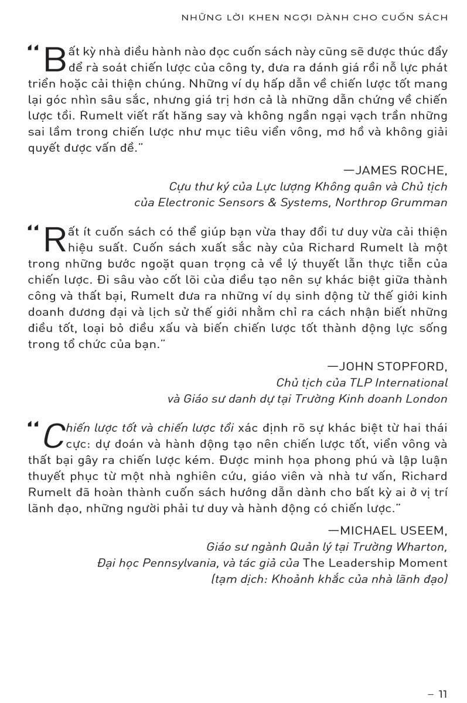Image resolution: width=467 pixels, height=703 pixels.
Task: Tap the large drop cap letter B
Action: point(54,60)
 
